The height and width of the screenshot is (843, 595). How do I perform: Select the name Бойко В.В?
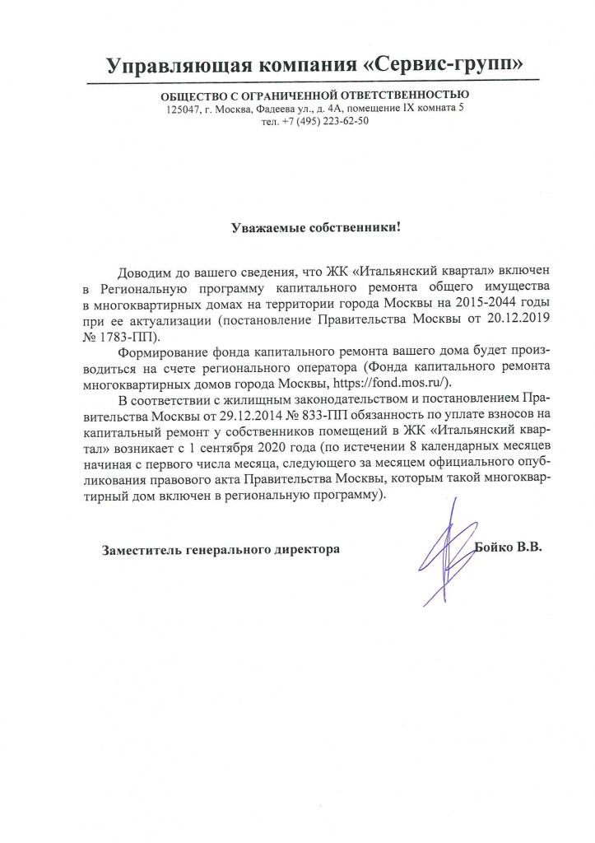509,547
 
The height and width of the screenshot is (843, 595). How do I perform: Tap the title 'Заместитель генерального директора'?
220,548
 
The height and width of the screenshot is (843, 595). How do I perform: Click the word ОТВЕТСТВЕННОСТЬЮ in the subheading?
399,96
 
